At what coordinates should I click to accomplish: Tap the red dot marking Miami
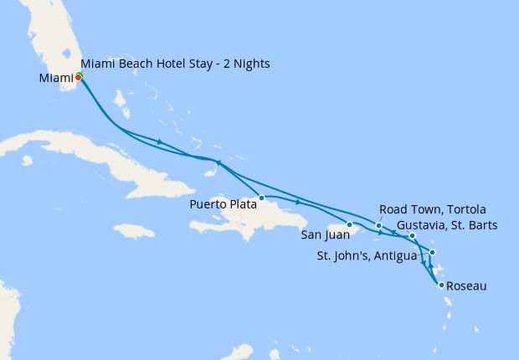[78, 76]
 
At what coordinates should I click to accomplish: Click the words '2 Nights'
[245, 64]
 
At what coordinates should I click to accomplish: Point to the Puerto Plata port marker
[262, 198]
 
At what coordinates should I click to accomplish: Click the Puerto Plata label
[224, 203]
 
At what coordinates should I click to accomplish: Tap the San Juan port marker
[349, 224]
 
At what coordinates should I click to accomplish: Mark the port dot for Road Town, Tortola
[379, 225]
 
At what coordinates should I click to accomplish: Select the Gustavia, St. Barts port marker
[412, 236]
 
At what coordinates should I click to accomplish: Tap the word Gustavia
[424, 224]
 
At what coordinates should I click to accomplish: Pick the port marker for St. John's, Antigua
[432, 252]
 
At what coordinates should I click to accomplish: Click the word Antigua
[392, 255]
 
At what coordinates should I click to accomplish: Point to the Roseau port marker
[441, 285]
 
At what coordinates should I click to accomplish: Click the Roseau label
[467, 286]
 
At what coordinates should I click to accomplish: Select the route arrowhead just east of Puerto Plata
[297, 202]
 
